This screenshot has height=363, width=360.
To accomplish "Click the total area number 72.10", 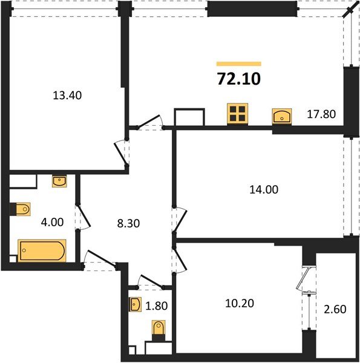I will [238, 79].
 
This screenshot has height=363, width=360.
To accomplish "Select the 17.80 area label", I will [321, 113].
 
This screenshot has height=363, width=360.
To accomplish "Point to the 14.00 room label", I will [264, 189].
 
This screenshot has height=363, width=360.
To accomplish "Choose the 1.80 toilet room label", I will [157, 306].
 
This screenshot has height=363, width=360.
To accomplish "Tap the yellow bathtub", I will [41, 250].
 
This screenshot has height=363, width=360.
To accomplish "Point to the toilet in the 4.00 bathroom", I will [20, 209].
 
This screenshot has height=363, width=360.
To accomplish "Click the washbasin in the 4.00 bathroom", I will [60, 181].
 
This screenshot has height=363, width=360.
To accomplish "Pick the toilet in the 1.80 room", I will [159, 330].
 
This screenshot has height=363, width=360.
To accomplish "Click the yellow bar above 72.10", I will [238, 63].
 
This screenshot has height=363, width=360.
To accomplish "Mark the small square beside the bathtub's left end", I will [13, 260].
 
